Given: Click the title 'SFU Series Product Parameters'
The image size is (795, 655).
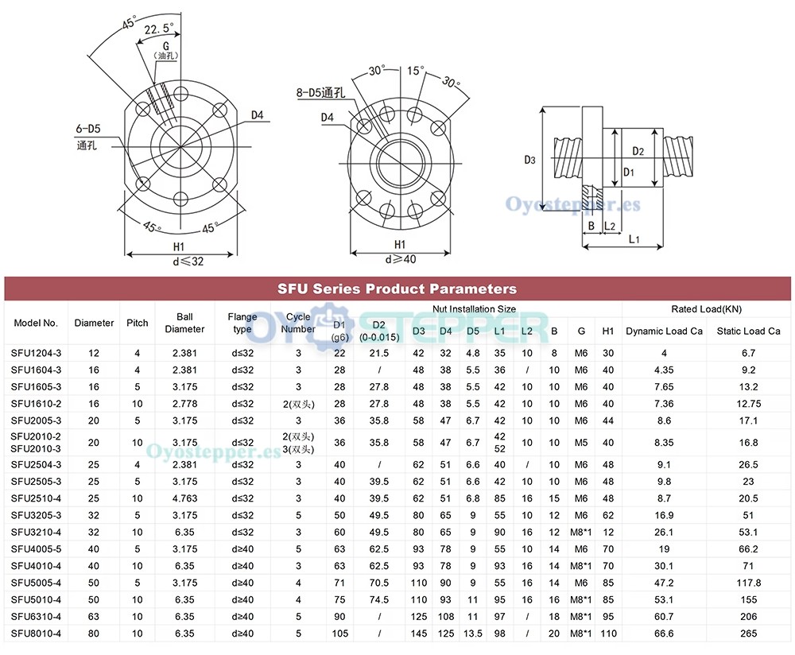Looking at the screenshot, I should coord(397,289).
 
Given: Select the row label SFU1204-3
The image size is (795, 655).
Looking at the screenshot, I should coord(36,352).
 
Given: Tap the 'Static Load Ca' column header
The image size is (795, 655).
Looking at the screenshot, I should coord(748,331).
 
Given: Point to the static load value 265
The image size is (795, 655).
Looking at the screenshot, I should coord(748,634).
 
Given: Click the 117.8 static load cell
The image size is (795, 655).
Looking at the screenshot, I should coord(748,582).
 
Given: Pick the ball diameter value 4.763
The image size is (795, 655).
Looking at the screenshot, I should coord(184,498).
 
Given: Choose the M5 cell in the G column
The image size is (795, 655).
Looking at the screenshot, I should coord(581,442).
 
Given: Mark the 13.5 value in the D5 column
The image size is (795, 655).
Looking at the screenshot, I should coord(473,634).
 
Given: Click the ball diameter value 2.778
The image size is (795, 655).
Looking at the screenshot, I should coord(184,404).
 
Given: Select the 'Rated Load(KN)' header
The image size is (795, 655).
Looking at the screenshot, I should coord(706,309).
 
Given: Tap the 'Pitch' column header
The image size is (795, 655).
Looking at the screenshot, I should coord(138,323).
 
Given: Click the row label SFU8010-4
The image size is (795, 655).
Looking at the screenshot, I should coord(36,634).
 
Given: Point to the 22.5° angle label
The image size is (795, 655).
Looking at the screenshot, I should coord(159,30).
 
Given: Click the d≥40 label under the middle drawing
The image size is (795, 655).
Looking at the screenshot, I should coord(400,258).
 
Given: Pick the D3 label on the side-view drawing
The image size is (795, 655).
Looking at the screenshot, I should coord(529,160).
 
